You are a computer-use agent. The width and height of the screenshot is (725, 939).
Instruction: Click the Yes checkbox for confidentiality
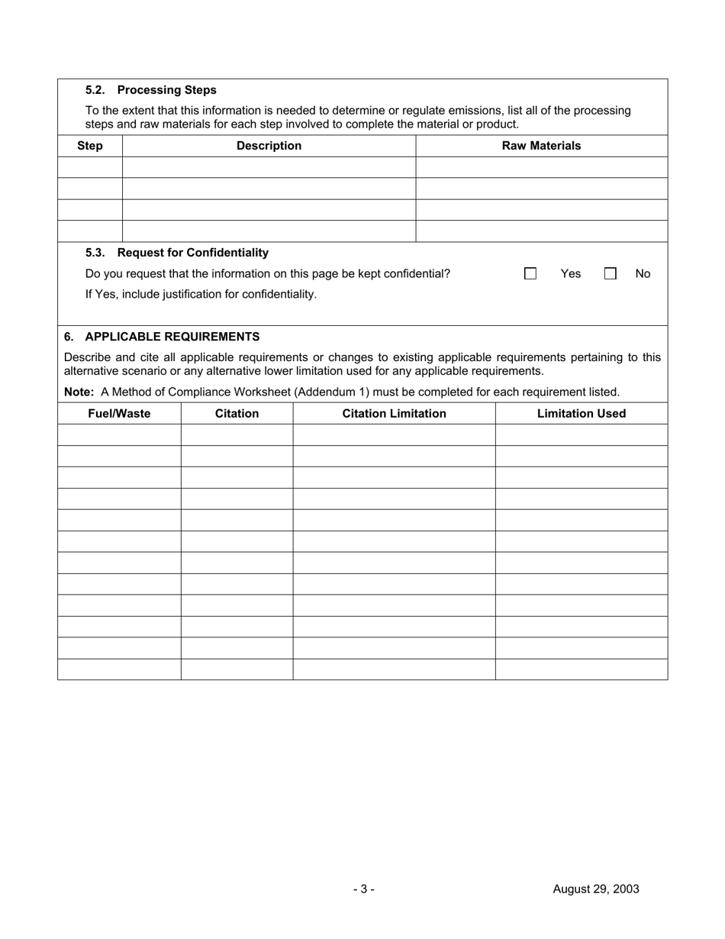tap(530, 273)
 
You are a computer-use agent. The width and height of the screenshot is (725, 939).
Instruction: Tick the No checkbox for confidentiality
tap(611, 273)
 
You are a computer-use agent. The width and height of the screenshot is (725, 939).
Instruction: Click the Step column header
tap(90, 146)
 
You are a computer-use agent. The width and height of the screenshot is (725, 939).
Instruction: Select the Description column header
tap(269, 146)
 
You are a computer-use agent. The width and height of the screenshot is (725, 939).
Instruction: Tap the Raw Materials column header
tap(541, 146)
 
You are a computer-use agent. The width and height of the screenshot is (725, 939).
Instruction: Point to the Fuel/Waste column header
tap(119, 414)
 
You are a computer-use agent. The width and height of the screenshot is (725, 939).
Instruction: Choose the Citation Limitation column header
tap(394, 414)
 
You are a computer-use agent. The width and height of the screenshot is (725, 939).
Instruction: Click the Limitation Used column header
tap(582, 414)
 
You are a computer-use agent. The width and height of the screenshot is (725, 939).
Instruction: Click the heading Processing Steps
tap(166, 90)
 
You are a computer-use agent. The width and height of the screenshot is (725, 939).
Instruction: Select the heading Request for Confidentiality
tap(192, 253)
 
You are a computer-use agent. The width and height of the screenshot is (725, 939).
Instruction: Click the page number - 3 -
tap(363, 889)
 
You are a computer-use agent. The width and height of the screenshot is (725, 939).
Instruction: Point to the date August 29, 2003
tap(596, 889)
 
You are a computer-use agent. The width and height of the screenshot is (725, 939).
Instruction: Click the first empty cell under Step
tap(90, 167)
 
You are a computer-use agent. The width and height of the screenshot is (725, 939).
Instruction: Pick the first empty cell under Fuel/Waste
tap(119, 435)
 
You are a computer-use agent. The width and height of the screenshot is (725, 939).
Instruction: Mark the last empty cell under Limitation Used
tap(582, 670)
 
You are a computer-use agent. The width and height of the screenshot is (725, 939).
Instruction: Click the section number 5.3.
tap(95, 253)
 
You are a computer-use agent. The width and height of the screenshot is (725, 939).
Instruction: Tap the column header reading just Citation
tap(237, 414)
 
